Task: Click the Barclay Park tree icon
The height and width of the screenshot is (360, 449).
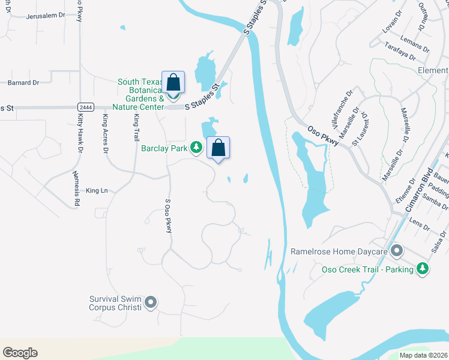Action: click(196, 147)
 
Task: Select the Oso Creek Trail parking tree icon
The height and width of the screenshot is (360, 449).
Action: click(424, 269)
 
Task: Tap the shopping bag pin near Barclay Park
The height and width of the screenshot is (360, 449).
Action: click(218, 148)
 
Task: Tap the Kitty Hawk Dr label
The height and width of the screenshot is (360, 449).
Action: click(79, 133)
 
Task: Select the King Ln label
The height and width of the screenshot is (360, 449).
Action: click(97, 191)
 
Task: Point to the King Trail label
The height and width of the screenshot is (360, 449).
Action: click(136, 127)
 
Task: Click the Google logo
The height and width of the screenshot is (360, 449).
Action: click(20, 353)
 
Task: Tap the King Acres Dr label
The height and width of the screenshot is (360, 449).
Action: click(105, 134)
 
